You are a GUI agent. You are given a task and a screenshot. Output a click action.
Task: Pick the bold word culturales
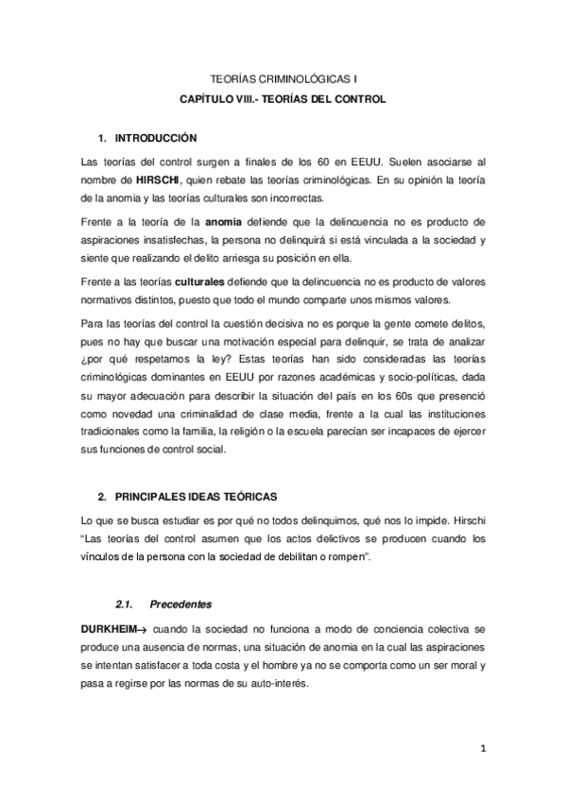pyautogui.click(x=200, y=283)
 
